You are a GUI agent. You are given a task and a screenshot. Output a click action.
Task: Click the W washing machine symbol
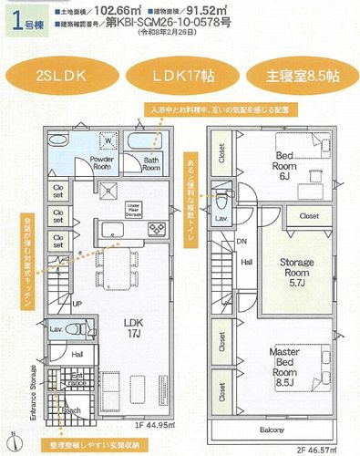pos(108,142)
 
